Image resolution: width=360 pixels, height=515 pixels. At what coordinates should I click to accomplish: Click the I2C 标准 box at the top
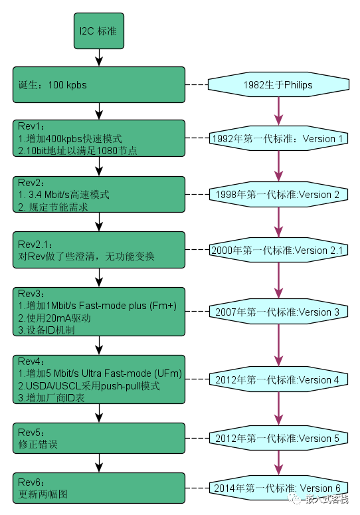point(99,31)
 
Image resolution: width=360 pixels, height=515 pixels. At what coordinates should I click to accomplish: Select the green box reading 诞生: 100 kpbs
point(99,85)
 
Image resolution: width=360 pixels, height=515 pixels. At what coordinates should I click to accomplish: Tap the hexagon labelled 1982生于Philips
point(278,85)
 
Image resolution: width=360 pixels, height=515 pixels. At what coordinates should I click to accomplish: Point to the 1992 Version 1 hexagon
point(278,138)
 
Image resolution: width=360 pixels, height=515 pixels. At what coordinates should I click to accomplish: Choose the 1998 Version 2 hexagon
point(278,195)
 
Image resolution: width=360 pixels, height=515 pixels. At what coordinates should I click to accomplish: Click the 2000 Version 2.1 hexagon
point(278,250)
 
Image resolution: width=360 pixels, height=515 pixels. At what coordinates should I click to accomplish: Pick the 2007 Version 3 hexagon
point(278,312)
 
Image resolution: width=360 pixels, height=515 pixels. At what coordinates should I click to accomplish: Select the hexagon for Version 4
point(278,379)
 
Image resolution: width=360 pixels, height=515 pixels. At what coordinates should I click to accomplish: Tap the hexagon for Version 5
point(278,438)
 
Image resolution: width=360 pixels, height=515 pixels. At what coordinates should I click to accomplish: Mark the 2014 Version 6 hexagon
point(278,488)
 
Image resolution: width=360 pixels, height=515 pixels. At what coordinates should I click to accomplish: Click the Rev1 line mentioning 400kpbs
point(70,139)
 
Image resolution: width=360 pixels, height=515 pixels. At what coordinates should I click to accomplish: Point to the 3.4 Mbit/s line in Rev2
point(64,195)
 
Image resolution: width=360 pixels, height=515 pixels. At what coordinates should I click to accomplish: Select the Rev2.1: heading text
point(35,245)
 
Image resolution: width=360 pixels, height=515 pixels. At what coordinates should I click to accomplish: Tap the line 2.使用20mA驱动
point(54,318)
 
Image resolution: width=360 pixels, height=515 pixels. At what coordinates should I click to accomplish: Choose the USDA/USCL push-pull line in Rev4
point(89,385)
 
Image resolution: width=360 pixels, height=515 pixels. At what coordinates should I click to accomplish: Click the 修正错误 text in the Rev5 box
point(38,445)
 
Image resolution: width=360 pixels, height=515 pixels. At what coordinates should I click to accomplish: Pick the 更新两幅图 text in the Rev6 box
point(43,494)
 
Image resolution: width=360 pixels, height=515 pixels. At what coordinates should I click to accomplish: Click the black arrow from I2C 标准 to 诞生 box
point(99,58)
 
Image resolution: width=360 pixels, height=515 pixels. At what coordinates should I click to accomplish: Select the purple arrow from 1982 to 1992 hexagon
point(278,112)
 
